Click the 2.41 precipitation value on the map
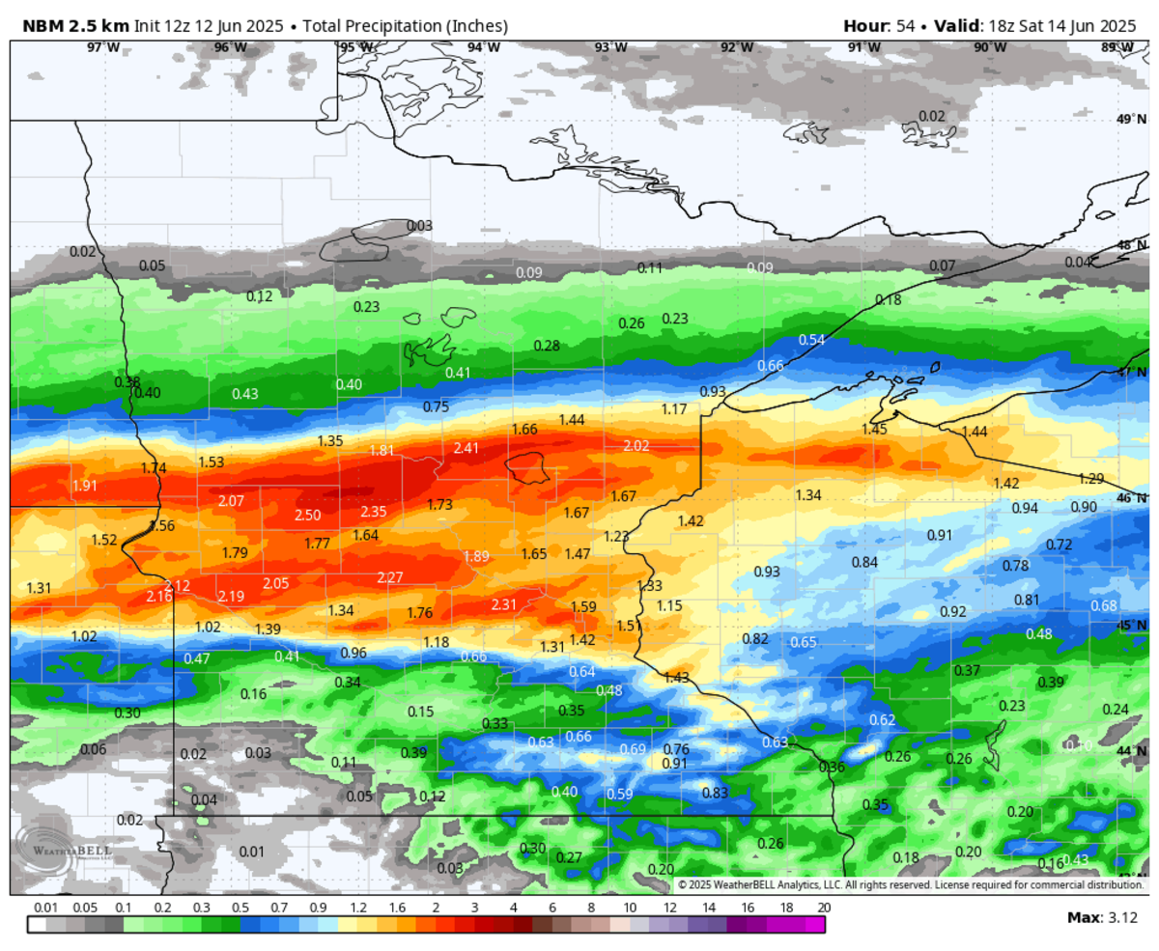(466, 448)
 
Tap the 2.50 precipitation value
(308, 516)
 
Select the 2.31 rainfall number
(506, 604)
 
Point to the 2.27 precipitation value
(389, 578)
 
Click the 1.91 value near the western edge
(85, 486)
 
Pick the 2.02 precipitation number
(636, 446)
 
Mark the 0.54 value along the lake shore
(811, 340)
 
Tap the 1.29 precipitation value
(1090, 479)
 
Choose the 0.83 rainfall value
(715, 793)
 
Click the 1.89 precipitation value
(476, 556)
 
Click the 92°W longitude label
(737, 47)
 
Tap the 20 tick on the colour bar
(823, 909)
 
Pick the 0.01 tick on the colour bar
(44, 909)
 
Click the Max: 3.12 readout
(1102, 916)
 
